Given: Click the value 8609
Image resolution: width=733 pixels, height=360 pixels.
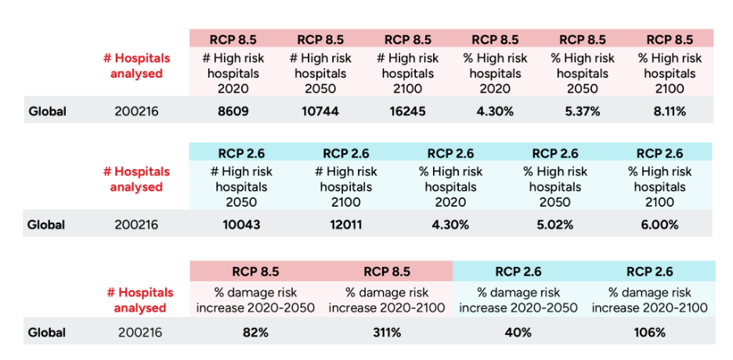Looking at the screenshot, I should [233, 111].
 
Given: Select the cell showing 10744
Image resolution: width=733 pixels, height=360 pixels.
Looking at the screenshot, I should [320, 111].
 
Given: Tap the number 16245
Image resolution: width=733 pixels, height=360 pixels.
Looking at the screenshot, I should [407, 111].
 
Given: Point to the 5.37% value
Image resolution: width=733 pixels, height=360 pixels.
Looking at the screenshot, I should [583, 111].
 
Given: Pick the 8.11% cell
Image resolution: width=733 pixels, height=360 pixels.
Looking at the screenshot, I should [670, 111].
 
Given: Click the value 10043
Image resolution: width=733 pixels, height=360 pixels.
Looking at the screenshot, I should [241, 225].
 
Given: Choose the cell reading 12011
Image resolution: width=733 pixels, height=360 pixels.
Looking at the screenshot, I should [345, 225].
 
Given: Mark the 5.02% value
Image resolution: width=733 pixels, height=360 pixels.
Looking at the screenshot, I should [554, 225].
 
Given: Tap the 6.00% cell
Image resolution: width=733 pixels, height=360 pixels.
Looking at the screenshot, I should [659, 225].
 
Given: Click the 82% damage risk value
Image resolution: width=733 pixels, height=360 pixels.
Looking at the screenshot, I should [256, 333].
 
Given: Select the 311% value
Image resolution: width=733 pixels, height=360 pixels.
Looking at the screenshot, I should [387, 333].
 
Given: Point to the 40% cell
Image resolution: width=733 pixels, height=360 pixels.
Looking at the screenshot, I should [518, 333].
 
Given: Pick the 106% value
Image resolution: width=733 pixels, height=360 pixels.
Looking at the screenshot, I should [649, 333].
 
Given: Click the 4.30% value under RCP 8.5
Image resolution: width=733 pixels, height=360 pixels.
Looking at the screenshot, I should [495, 111].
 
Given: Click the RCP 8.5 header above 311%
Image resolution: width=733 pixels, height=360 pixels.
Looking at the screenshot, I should [387, 272].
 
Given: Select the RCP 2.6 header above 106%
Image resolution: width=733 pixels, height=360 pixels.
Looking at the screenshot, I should [649, 272].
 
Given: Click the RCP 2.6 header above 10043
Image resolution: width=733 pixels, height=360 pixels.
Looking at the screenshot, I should [241, 153].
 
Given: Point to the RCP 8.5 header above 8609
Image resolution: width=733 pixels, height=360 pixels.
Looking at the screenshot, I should [233, 39].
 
